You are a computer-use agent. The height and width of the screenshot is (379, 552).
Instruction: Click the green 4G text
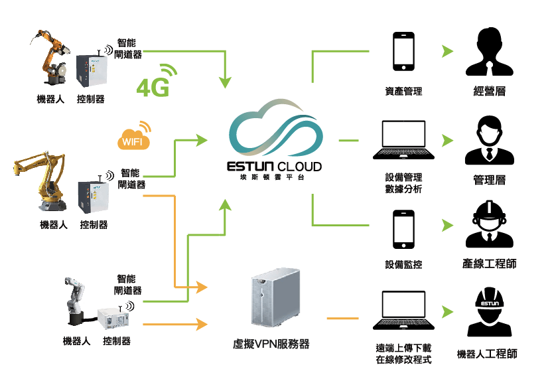(x=153, y=88)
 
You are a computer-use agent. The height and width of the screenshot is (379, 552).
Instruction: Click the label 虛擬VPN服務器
(x=271, y=344)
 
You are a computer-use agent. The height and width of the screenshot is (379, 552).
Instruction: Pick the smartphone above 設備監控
(x=403, y=230)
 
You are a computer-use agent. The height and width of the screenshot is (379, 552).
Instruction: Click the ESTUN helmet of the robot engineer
(x=490, y=301)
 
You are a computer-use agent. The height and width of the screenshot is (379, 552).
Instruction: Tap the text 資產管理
(x=403, y=92)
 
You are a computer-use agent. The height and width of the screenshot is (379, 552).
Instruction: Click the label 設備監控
(x=403, y=265)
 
